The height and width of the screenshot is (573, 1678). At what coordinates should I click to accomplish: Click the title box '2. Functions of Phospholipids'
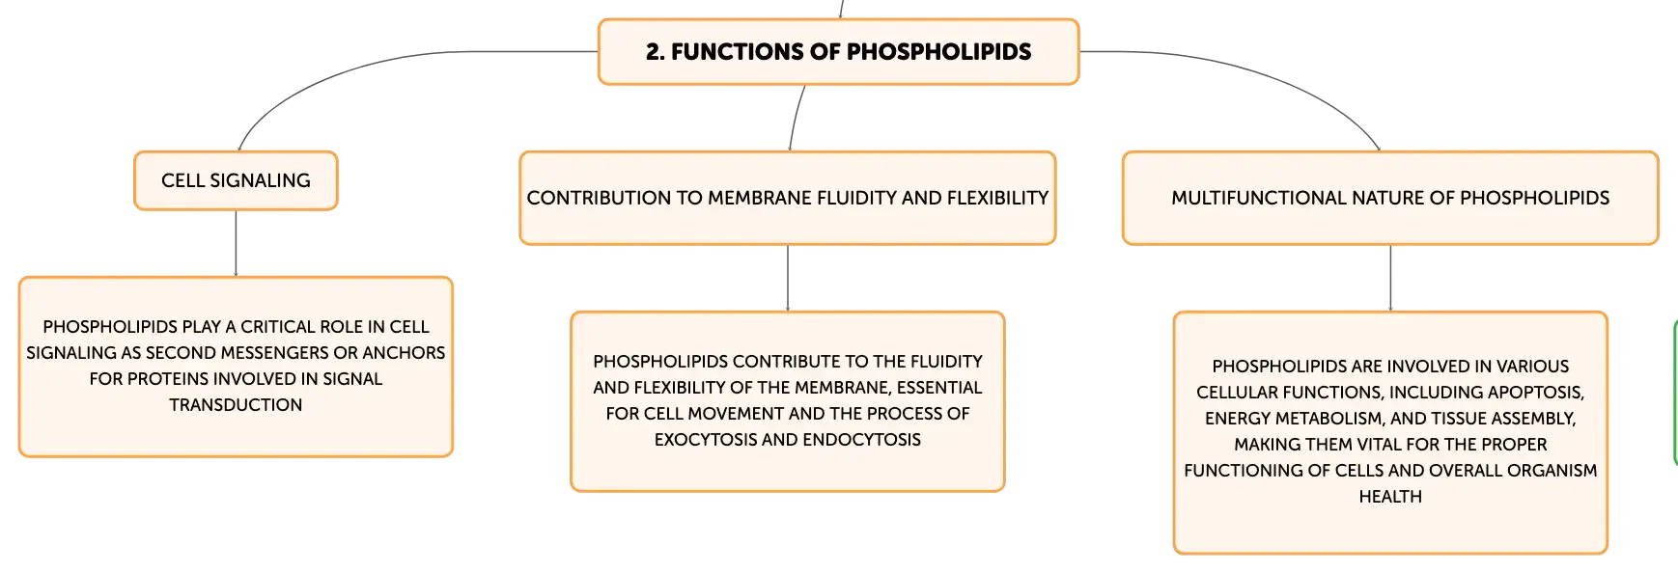(x=838, y=51)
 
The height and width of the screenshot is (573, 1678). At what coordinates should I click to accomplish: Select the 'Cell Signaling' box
(x=236, y=180)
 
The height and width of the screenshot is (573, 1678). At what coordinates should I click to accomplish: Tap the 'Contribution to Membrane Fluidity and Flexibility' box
(x=788, y=198)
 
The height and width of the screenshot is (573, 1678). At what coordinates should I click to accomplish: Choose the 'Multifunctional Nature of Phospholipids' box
(x=1390, y=198)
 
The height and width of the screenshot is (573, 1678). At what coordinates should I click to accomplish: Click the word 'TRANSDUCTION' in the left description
(x=236, y=405)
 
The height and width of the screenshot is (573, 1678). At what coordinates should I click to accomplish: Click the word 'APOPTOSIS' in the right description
(x=1536, y=393)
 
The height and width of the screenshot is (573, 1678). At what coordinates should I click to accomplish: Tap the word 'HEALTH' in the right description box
(x=1390, y=497)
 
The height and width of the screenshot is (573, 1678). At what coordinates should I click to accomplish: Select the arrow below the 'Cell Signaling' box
(x=236, y=243)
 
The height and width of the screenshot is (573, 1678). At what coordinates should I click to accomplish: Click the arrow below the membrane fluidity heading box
(x=788, y=278)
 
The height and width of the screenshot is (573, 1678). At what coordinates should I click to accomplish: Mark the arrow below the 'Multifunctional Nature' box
(x=1390, y=278)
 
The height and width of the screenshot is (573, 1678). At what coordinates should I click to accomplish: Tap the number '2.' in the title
(x=656, y=52)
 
